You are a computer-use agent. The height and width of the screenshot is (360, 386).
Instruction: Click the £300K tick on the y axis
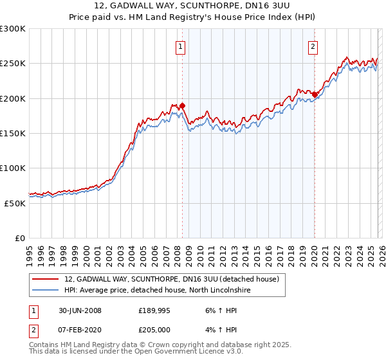[x=13, y=29]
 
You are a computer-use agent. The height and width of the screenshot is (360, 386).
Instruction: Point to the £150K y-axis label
[x=13, y=133]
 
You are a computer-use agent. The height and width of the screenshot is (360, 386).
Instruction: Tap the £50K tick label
[x=15, y=203]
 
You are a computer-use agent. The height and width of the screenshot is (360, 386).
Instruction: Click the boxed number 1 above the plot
[x=181, y=46]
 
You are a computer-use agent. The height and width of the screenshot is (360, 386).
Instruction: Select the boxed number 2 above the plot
[x=313, y=46]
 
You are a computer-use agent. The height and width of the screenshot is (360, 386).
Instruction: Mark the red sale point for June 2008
[x=183, y=105]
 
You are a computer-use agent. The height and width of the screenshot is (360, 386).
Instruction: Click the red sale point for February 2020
[x=315, y=95]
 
